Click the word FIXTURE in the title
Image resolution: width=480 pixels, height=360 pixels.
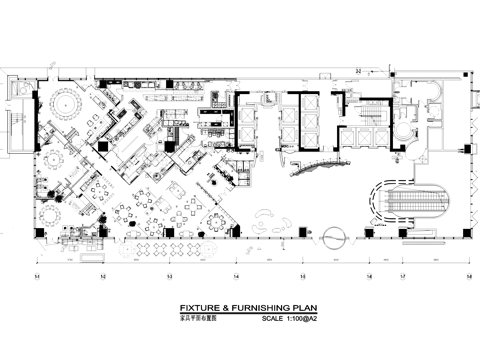click(x=197, y=310)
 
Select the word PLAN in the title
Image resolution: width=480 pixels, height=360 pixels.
click(x=304, y=310)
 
